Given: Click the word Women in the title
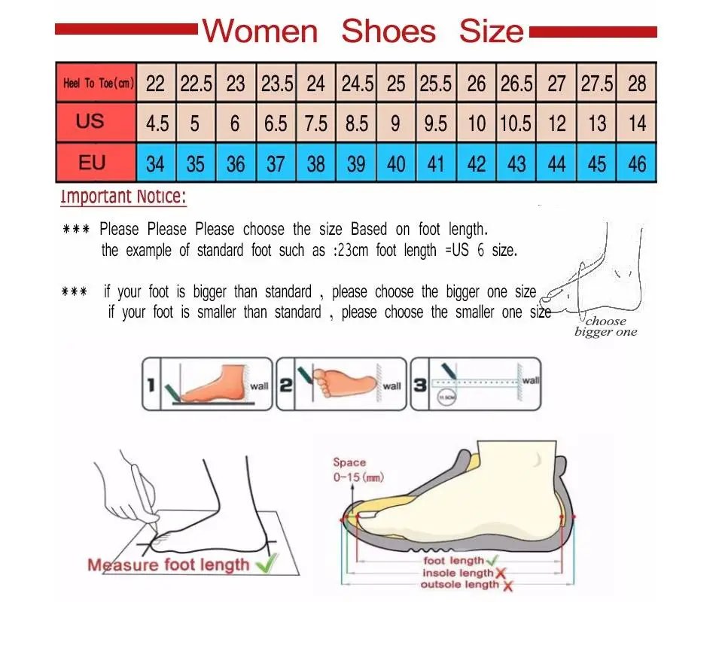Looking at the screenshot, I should (260, 31).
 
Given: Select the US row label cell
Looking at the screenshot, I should (90, 122).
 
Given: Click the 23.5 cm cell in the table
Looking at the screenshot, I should (276, 83).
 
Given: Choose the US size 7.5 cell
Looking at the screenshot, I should (316, 123).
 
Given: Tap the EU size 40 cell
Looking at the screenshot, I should (396, 163).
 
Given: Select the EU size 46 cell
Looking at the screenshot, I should (637, 163).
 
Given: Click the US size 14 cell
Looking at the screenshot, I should (637, 123).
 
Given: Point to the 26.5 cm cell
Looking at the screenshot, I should (516, 83).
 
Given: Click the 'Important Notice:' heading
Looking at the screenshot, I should (123, 197).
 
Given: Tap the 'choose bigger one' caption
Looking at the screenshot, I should (605, 327).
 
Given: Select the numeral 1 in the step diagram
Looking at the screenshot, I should (151, 386).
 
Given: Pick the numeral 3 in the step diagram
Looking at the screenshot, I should (420, 385).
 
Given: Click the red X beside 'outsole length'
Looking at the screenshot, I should (507, 586).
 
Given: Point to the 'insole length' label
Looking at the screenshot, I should (456, 573).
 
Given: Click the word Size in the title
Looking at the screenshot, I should (491, 31).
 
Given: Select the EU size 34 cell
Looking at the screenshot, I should (155, 163).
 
